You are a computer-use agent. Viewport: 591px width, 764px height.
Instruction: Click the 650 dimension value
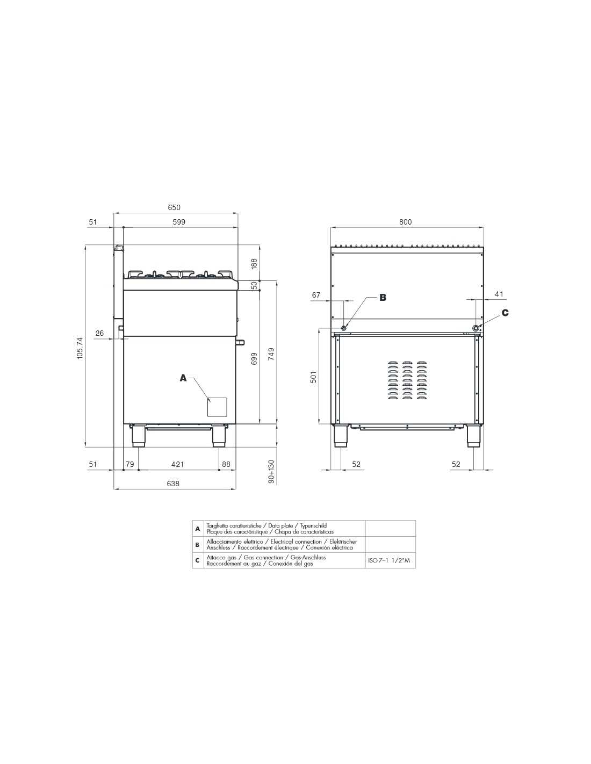[x=174, y=207]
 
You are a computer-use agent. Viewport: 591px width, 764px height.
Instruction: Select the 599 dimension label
[x=179, y=222]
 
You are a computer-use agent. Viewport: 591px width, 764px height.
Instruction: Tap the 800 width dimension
[x=405, y=222]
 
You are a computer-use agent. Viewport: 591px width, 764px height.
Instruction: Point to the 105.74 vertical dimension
[x=80, y=348]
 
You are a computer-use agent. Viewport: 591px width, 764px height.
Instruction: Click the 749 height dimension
[x=271, y=354]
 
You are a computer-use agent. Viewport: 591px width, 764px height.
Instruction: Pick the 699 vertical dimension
[x=254, y=358]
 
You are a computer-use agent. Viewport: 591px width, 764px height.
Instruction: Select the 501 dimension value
[x=314, y=377]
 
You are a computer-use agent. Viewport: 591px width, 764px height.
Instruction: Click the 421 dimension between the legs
[x=177, y=464]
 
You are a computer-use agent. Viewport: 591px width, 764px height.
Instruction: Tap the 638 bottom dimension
[x=173, y=484]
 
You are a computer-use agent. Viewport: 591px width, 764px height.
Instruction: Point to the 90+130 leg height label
[x=271, y=471]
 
